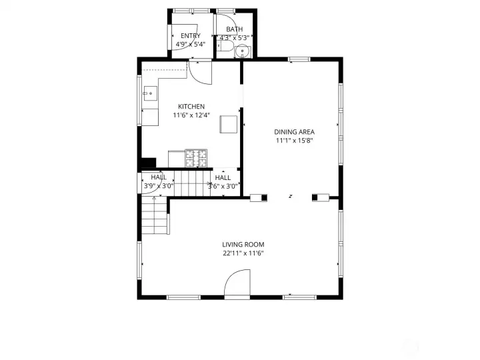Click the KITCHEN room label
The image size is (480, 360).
[x=191, y=107]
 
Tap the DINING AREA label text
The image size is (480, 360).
[x=294, y=131]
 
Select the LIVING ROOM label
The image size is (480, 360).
[x=243, y=245]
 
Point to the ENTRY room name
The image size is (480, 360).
[x=190, y=36]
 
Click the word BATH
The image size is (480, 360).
[x=234, y=29]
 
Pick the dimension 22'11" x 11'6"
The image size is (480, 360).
[x=243, y=253]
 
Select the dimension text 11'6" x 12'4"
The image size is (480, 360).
[x=191, y=115]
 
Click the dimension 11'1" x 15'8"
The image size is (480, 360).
[x=294, y=141]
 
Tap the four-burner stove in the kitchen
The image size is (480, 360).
[x=197, y=158]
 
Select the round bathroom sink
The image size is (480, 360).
[x=243, y=51]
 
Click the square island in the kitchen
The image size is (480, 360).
[x=229, y=125]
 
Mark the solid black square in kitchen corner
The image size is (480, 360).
[x=148, y=162]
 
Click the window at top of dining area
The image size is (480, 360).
[x=299, y=59]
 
